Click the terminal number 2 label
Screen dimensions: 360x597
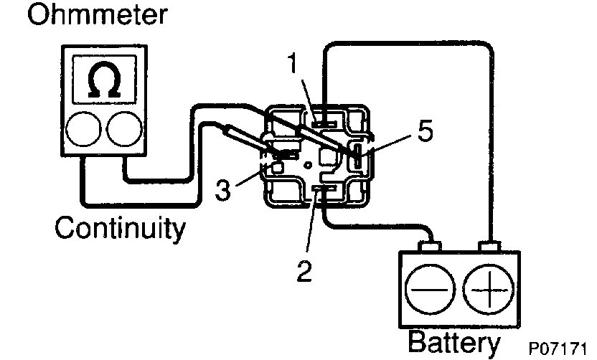pyautogui.click(x=305, y=272)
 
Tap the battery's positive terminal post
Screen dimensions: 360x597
pyautogui.click(x=490, y=249)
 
